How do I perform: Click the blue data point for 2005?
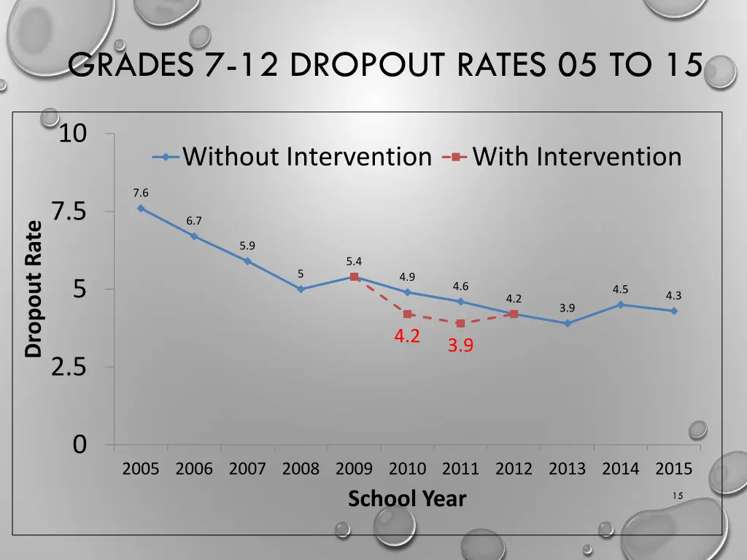pyautogui.click(x=141, y=208)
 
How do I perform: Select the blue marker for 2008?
pyautogui.click(x=301, y=289)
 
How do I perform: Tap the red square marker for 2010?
pyautogui.click(x=407, y=314)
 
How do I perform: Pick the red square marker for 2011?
pyautogui.click(x=460, y=323)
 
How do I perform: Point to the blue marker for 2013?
pyautogui.click(x=567, y=323)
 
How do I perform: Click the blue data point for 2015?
pyautogui.click(x=673, y=311)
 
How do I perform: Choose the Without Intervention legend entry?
pyautogui.click(x=292, y=157)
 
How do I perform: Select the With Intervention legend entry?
pyautogui.click(x=562, y=157)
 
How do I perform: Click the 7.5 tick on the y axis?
pyautogui.click(x=69, y=211)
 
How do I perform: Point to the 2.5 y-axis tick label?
pyautogui.click(x=69, y=367)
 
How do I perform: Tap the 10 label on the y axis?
pyautogui.click(x=73, y=134)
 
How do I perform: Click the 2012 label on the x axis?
pyautogui.click(x=514, y=469)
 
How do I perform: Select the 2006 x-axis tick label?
pyautogui.click(x=194, y=469)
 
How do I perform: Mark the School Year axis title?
pyautogui.click(x=406, y=499)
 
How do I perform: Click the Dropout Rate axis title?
pyautogui.click(x=34, y=289)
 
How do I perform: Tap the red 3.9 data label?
pyautogui.click(x=460, y=346)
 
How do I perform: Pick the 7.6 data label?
pyautogui.click(x=141, y=192)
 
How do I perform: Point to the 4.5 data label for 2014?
pyautogui.click(x=621, y=289)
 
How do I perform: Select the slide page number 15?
pyautogui.click(x=678, y=496)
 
